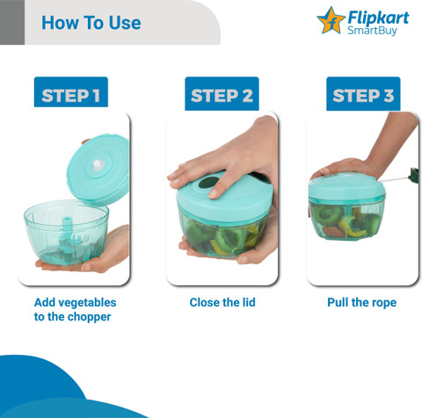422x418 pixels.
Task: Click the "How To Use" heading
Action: [x=91, y=23]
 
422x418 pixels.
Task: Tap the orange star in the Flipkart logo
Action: [x=331, y=20]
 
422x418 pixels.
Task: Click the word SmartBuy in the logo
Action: [x=372, y=31]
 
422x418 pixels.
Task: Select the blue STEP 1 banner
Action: [x=71, y=92]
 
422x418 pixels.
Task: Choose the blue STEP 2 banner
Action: [x=222, y=94]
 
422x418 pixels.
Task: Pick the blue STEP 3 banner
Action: [x=363, y=94]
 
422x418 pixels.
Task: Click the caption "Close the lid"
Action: [x=222, y=302]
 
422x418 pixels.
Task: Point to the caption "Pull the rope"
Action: [x=362, y=303]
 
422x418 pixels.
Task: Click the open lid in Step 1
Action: [x=98, y=169]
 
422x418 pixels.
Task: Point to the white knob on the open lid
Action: [x=98, y=165]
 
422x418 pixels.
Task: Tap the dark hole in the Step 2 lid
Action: [x=209, y=183]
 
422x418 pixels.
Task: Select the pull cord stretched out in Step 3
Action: [x=396, y=178]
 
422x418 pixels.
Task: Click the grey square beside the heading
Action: [x=12, y=22]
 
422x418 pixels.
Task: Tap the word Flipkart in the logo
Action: [x=378, y=18]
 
